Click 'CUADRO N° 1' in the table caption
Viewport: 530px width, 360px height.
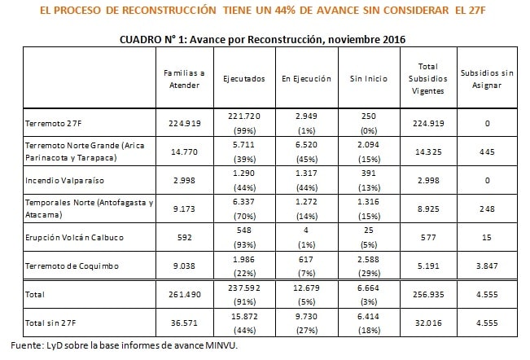(155, 38)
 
